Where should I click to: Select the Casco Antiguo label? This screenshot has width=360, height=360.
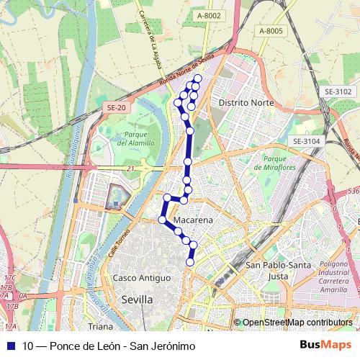[143, 278]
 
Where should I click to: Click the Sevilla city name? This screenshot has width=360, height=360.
[137, 300]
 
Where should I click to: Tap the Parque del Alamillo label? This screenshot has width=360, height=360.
[131, 138]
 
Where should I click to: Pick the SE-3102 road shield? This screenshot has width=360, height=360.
[338, 91]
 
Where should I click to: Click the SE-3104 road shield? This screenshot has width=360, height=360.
[306, 141]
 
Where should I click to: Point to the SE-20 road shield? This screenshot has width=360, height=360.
[116, 107]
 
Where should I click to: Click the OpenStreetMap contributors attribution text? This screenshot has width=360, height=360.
[297, 323]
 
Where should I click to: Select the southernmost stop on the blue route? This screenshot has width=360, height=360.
[190, 262]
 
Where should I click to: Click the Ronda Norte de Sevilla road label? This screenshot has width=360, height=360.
[189, 70]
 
